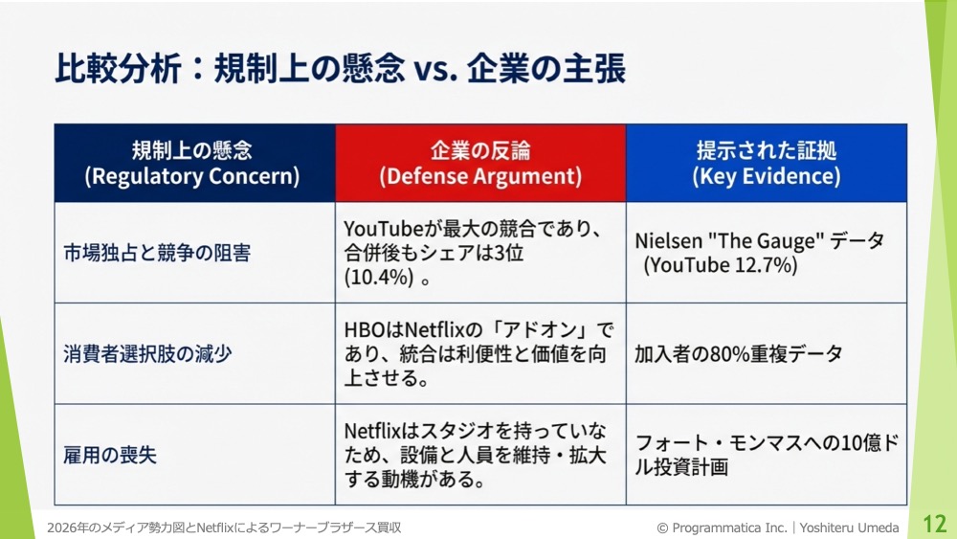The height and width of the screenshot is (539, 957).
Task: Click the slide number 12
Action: [x=934, y=523]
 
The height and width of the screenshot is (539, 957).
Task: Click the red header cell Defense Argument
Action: [x=480, y=163]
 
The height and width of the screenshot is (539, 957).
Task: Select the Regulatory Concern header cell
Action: [x=194, y=163]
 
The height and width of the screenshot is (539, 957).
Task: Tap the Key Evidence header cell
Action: [x=767, y=163]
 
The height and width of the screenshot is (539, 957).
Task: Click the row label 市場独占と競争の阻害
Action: [x=157, y=253]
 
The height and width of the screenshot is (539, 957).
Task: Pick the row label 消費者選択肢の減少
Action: [x=147, y=353]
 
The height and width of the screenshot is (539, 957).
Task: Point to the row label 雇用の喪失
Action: [x=110, y=455]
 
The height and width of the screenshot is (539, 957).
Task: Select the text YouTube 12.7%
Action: [x=721, y=265]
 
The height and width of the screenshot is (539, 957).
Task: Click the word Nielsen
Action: [x=668, y=240]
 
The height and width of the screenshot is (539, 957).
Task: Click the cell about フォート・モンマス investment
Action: [x=767, y=455]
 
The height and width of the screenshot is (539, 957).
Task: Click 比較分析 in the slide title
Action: [x=118, y=68]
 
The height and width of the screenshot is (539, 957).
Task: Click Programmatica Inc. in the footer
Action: [x=729, y=528]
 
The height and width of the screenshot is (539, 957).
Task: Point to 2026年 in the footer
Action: [x=68, y=528]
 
